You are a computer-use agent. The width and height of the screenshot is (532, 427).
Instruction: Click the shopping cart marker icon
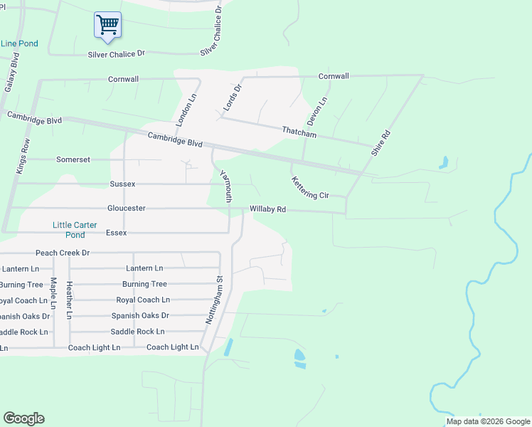pos(107,25)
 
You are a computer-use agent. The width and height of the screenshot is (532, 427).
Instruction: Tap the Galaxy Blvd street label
pos(11,71)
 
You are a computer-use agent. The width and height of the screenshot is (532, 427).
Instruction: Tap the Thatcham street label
pos(299,132)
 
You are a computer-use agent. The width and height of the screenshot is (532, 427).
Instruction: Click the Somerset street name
pos(73,159)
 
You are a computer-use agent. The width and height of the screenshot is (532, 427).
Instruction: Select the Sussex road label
pos(122,184)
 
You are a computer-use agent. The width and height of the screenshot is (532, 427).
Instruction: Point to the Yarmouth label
pos(225,186)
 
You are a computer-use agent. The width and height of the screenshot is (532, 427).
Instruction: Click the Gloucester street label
pos(127,209)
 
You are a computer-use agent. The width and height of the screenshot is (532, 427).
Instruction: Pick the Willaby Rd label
pos(267,210)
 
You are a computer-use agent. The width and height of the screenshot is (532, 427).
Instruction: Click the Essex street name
pos(116,233)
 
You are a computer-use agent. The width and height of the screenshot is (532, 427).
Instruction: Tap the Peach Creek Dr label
pos(63,253)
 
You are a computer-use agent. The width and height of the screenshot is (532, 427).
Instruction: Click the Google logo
pos(24,418)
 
